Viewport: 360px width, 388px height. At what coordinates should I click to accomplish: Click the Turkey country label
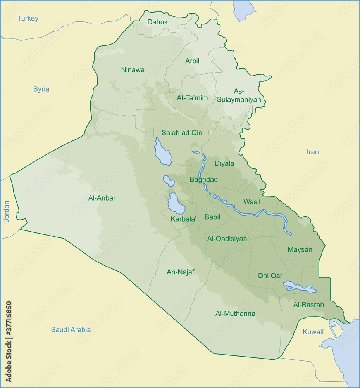(28, 18)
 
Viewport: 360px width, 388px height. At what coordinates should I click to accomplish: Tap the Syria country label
(41, 89)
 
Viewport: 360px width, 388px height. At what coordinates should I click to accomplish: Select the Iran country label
(312, 152)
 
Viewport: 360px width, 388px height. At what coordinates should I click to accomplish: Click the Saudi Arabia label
(71, 329)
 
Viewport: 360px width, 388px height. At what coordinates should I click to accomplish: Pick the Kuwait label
(313, 332)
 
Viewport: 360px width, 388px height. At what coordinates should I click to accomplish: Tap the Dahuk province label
(157, 22)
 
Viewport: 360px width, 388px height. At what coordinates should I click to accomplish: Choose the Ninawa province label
(133, 70)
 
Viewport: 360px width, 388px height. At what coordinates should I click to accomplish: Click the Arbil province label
(192, 61)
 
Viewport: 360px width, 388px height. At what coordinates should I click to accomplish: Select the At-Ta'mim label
(192, 98)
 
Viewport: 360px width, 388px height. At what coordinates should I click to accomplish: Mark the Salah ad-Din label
(182, 133)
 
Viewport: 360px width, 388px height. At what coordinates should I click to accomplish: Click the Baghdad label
(203, 179)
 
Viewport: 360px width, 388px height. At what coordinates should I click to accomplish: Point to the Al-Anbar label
(102, 198)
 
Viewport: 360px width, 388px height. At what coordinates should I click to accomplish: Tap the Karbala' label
(184, 219)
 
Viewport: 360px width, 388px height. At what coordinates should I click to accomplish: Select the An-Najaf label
(180, 272)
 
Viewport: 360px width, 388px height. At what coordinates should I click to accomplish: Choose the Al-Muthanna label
(235, 314)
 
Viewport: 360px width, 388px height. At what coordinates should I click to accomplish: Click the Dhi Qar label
(270, 275)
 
